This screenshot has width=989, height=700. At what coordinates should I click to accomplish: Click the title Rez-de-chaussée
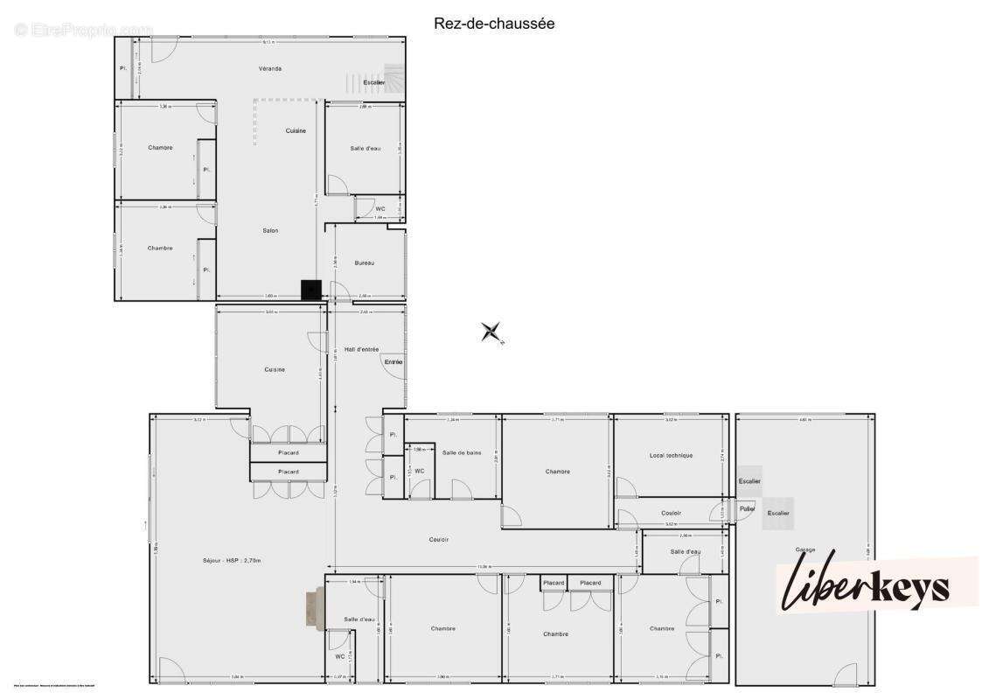click(494, 24)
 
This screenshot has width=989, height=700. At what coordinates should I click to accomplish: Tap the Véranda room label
click(269, 68)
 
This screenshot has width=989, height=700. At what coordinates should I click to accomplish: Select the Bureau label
click(365, 263)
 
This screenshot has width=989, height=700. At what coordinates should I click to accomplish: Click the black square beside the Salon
click(310, 290)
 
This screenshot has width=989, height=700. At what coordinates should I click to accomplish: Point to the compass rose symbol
click(491, 332)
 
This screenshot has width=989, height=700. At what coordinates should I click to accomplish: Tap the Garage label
click(804, 549)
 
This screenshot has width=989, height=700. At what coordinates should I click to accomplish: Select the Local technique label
click(671, 455)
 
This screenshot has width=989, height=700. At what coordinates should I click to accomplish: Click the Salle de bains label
click(462, 452)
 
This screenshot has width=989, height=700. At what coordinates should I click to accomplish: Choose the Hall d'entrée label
click(361, 348)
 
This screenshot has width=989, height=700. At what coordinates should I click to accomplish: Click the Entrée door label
click(393, 362)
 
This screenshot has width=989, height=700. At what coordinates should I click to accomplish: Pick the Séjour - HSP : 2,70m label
click(232, 560)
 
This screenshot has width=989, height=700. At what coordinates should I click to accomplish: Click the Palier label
click(747, 508)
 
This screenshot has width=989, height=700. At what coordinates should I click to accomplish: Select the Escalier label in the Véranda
click(374, 82)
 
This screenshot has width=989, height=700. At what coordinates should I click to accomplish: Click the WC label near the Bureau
click(380, 209)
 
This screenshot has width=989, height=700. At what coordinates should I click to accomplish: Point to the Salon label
click(270, 230)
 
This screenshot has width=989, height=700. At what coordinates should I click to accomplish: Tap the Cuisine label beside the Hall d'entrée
click(275, 369)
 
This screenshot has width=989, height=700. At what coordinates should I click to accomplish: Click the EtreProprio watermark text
click(84, 29)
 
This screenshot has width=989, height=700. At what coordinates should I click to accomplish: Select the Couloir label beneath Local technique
click(671, 513)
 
